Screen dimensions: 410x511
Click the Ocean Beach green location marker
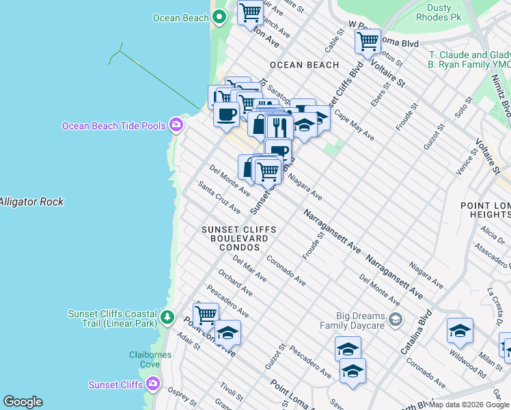[x=219, y=18]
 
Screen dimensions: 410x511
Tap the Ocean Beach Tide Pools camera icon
[x=176, y=124]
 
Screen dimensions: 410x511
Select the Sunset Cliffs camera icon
[x=153, y=384]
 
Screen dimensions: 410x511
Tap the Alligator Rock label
[x=31, y=202]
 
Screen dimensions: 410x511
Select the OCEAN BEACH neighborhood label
[x=304, y=65]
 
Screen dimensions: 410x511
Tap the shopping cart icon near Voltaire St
[x=368, y=41]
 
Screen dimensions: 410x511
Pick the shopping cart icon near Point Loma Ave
[x=206, y=316]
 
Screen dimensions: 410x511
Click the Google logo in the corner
[x=23, y=402]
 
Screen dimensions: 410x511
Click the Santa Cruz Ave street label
[x=219, y=197]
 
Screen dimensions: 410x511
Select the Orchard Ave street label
[x=235, y=282]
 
